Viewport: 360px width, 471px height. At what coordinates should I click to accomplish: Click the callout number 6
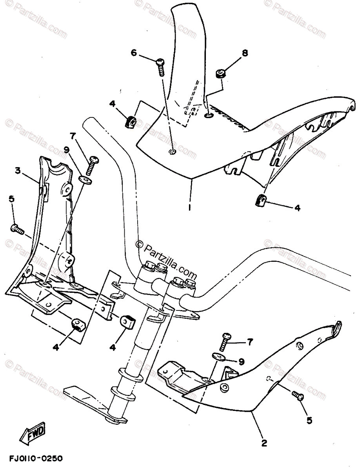pos(134,53)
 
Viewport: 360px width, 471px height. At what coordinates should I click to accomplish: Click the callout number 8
pos(245,53)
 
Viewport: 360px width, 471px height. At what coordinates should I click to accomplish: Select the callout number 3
pos(18,171)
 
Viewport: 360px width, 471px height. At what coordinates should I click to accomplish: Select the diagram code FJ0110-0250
pos(35,458)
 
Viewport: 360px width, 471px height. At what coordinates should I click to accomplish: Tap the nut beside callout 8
pos(221,74)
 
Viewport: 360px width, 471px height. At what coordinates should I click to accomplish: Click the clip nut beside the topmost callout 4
pos(130,122)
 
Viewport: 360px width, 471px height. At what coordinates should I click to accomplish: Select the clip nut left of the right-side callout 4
pos(259,201)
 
